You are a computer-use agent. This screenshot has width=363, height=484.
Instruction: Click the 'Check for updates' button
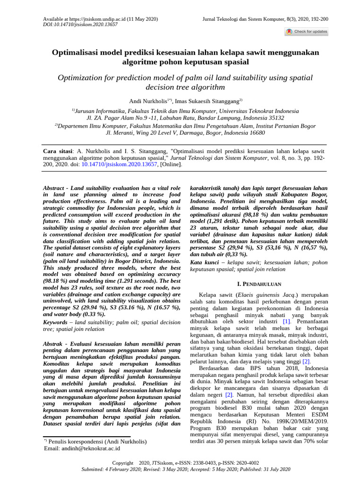(x=306, y=32)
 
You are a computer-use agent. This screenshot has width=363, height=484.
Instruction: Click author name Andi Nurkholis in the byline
(x=149, y=101)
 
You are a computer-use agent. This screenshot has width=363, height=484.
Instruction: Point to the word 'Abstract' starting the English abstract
(x=54, y=188)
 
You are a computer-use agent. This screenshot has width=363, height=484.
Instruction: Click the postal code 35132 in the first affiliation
(x=274, y=118)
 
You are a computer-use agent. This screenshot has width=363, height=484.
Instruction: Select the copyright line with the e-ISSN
(x=185, y=463)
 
